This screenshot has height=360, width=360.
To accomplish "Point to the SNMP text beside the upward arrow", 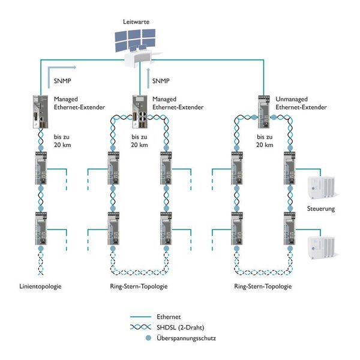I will click(x=161, y=80).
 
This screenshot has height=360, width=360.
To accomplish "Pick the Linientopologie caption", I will click(x=40, y=287).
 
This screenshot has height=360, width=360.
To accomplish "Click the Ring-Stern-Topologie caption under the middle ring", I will click(x=140, y=287).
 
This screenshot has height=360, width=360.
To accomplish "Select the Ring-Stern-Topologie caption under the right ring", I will click(x=264, y=287).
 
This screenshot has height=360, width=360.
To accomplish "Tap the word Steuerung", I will click(x=320, y=209).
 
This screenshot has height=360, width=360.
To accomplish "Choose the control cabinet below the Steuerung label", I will click(x=320, y=246).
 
